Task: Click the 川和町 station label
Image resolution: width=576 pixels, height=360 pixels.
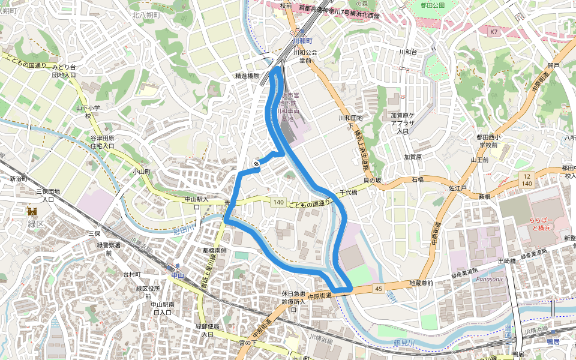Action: tap(302, 41)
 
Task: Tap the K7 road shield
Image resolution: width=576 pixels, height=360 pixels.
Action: tap(493, 31)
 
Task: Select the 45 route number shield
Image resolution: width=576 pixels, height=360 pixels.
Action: tap(378, 289)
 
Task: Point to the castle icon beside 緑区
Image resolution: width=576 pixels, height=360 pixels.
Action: tap(32, 211)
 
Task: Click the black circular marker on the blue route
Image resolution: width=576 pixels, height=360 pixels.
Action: tap(256, 163)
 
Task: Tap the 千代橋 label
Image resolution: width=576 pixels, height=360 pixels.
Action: tap(348, 193)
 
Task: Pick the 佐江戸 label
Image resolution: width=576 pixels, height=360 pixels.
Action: tap(457, 188)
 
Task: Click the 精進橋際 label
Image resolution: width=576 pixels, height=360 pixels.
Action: tap(246, 76)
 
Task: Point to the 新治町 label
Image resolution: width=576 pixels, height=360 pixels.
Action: tap(19, 179)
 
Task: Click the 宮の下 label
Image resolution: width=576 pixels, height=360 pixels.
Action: tap(248, 343)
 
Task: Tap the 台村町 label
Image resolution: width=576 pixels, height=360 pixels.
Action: tap(132, 274)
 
